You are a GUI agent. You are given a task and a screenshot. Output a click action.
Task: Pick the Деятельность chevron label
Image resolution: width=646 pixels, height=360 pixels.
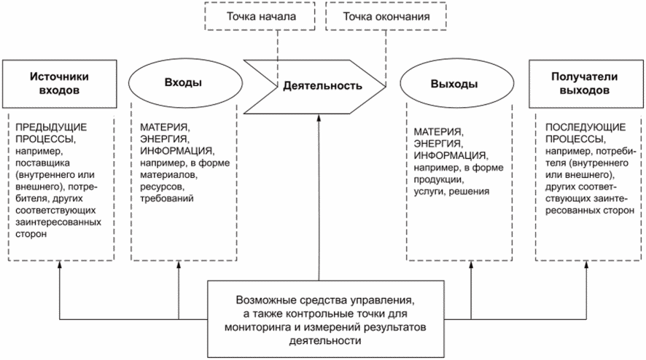[x=322, y=86]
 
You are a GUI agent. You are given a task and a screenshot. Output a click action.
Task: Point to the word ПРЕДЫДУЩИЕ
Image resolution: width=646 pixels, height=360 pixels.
[x=51, y=127]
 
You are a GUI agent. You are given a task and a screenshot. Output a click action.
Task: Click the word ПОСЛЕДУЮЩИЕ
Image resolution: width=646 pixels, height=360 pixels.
[x=585, y=127]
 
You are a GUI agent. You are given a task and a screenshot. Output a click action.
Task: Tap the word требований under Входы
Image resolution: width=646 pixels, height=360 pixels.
[x=167, y=198]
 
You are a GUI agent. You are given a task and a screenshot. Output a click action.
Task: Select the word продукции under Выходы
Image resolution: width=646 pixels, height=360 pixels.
[x=439, y=179]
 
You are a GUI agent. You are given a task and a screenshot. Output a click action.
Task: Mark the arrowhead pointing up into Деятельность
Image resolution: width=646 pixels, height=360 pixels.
[x=319, y=118]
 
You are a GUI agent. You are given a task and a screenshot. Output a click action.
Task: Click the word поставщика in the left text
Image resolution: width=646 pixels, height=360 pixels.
[x=42, y=163]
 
